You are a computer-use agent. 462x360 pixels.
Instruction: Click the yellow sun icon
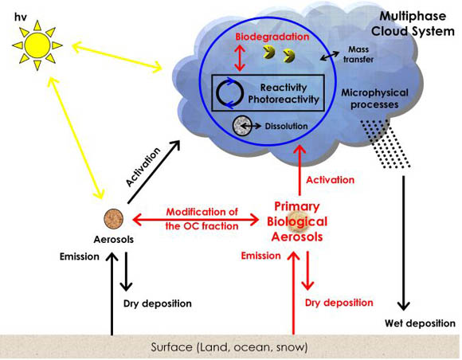[37, 45]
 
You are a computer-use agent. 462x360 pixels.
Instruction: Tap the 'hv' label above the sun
[21, 17]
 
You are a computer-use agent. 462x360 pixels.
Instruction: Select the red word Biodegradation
[272, 37]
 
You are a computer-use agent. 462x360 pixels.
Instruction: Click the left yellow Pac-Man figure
[269, 52]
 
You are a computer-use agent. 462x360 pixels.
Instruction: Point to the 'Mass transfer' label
[358, 54]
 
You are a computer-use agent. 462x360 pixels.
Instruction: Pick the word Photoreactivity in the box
[284, 100]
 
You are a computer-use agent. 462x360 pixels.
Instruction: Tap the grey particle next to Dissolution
[242, 126]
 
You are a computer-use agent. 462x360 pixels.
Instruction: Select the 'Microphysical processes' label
[375, 99]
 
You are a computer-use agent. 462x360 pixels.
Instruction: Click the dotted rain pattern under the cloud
[385, 144]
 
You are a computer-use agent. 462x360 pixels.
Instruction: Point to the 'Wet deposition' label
[420, 323]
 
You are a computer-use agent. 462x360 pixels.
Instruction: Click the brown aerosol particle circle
[113, 219]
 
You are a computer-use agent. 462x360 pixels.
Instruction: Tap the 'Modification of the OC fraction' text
[202, 219]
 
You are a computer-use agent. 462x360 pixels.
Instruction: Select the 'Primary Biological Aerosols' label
[297, 221]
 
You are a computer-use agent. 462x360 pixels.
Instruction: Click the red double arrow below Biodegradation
[240, 57]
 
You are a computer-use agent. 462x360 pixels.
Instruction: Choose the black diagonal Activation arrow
[154, 172]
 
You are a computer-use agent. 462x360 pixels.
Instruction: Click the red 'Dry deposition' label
[339, 303]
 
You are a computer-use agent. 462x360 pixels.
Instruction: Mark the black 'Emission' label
[80, 256]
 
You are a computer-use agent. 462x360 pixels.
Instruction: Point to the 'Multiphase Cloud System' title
[413, 24]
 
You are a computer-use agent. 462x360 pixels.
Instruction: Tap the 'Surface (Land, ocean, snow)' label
[229, 347]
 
